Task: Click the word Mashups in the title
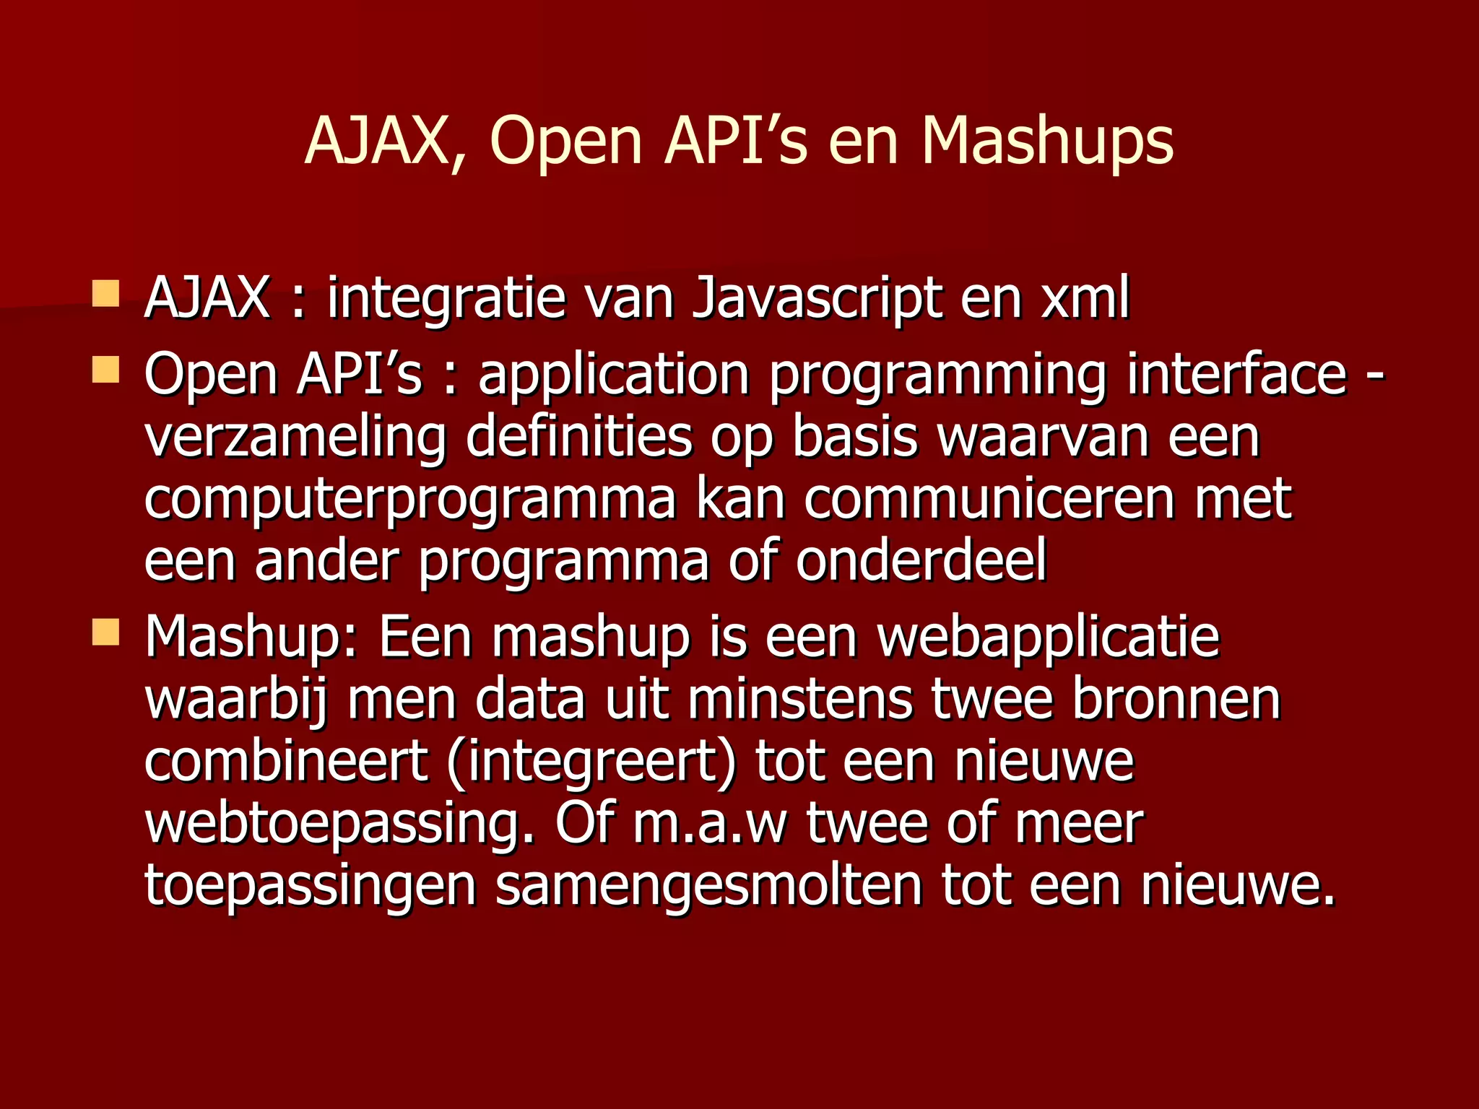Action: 1047,141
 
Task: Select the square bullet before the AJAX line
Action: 105,295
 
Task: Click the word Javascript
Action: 817,297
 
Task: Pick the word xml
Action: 1085,297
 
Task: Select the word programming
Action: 937,375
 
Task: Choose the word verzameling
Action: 295,438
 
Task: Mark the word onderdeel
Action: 921,561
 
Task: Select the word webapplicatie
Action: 1049,638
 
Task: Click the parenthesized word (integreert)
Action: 591,762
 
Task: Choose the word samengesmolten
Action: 708,887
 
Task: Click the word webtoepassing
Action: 340,825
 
